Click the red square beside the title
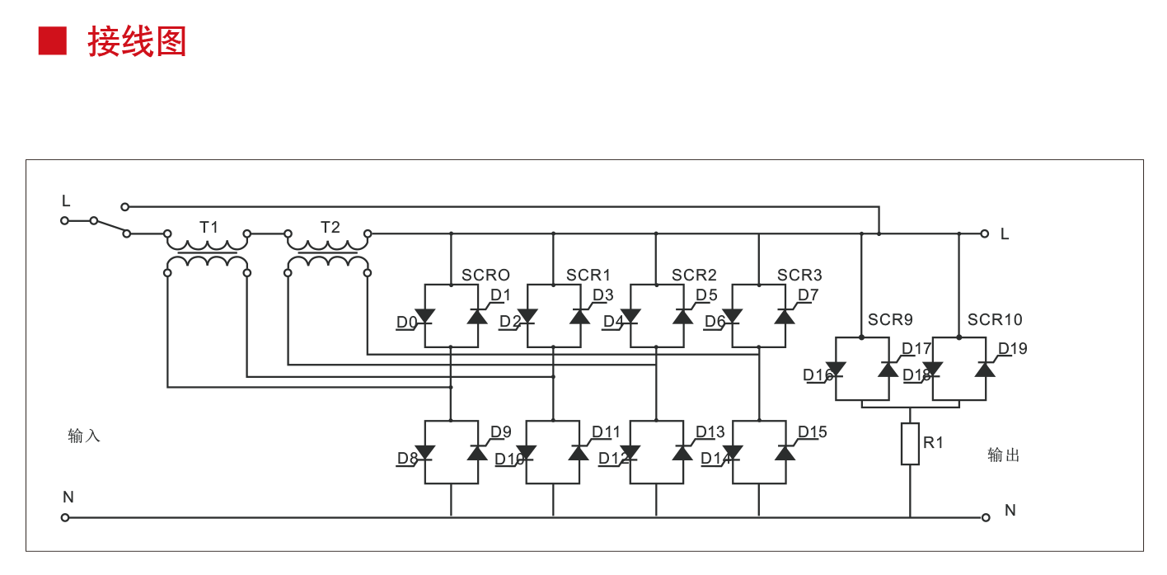53,40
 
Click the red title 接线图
138,41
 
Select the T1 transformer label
209,227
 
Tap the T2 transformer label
330,227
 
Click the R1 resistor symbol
910,444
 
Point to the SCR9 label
890,320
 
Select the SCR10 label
995,320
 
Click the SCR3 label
799,276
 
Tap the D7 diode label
808,295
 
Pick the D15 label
812,432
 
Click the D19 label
1013,349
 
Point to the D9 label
501,432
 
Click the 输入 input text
84,436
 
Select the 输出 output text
1004,455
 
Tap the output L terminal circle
984,233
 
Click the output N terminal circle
986,518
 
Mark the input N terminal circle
65,518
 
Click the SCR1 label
588,276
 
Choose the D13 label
710,432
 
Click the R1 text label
933,443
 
